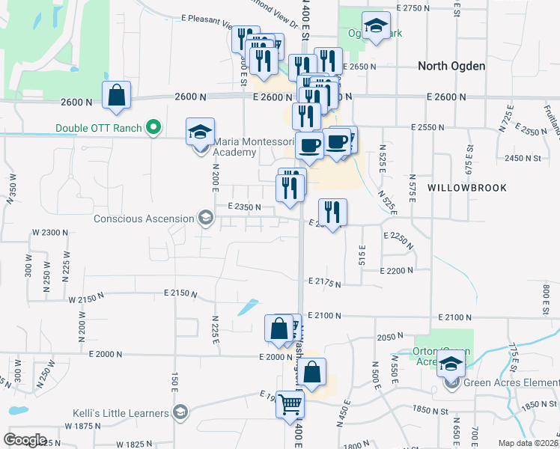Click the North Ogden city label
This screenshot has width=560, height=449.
coord(451,66)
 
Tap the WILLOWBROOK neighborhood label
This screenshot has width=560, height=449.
coord(468,188)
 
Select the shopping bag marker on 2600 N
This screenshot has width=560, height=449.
coord(117,96)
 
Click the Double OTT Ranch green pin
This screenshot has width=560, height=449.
coord(153,128)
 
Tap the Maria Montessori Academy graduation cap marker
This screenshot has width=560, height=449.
coord(200,133)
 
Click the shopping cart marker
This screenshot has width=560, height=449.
coord(290,405)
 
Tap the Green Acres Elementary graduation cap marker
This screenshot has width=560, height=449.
coord(451,366)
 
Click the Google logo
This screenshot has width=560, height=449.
coord(25,439)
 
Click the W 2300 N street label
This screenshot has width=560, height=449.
coord(50,233)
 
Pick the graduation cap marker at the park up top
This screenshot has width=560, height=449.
coord(376,27)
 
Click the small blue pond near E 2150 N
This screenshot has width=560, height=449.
coord(248,306)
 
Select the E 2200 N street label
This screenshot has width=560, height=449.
coord(397,271)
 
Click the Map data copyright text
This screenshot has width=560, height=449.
coord(528,443)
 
